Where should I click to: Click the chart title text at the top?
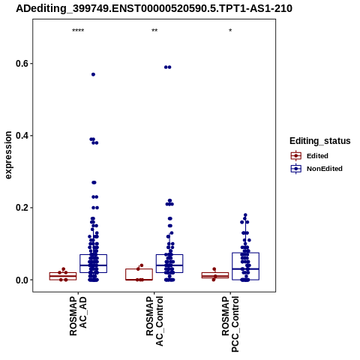154,9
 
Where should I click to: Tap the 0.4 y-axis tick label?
21,136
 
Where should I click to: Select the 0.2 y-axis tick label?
21,208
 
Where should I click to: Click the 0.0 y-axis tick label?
21,280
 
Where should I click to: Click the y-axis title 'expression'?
8,155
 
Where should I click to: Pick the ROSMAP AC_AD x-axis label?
78,316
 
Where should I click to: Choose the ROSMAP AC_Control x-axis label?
154,321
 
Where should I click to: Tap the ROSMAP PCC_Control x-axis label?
230,324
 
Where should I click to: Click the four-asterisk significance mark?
78,31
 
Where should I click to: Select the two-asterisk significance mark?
154,31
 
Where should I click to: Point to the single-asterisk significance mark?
230,31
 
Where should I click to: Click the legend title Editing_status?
320,141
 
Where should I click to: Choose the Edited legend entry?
310,156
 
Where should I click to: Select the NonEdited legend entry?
316,169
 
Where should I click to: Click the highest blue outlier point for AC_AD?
93,74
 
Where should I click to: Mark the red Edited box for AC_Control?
139,274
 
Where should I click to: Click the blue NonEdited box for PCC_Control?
245,266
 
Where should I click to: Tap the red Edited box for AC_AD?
63,276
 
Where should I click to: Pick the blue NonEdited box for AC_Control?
169,263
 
